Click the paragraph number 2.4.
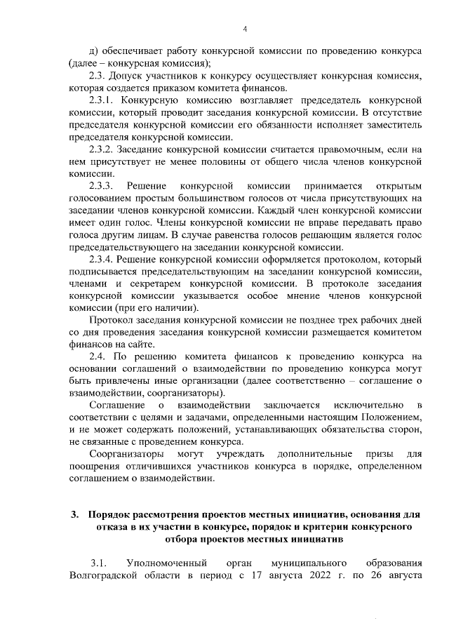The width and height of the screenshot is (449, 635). [99, 357]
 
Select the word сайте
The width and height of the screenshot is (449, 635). [140, 345]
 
